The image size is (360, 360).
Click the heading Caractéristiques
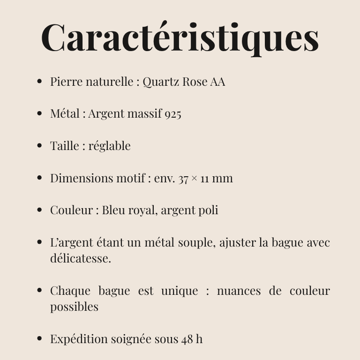tap(180, 37)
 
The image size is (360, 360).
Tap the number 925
tap(172, 114)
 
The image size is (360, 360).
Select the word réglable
tap(109, 146)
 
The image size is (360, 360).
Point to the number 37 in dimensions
tap(183, 179)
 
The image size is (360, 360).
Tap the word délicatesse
tap(80, 258)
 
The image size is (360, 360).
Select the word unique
tap(180, 291)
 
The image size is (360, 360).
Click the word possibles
tap(74, 307)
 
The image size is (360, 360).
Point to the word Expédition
tap(79, 339)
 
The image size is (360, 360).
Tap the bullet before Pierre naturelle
tap(39, 82)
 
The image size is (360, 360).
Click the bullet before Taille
tap(39, 146)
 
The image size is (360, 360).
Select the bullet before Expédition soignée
tap(39, 339)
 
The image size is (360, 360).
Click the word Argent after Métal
tap(106, 114)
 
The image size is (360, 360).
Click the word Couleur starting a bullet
tap(71, 210)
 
